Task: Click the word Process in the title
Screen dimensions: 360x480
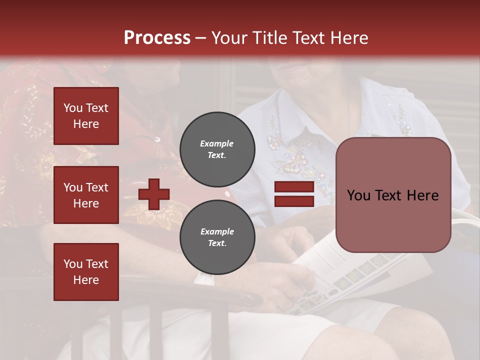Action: (157, 38)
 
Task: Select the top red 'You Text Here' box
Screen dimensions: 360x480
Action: (86, 116)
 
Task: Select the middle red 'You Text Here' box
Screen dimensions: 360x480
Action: (86, 195)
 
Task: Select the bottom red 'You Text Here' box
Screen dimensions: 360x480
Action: (86, 272)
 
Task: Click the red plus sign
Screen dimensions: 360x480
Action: (154, 194)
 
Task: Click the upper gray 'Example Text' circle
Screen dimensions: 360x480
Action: (217, 149)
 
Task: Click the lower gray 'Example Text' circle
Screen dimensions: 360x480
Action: (217, 237)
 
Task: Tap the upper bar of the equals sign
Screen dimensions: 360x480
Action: (294, 187)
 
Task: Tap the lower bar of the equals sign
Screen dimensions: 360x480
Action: (294, 201)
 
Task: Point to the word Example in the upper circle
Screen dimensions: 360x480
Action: (217, 144)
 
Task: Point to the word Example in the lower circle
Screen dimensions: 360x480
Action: (217, 231)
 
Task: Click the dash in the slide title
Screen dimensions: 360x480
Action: (200, 38)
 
